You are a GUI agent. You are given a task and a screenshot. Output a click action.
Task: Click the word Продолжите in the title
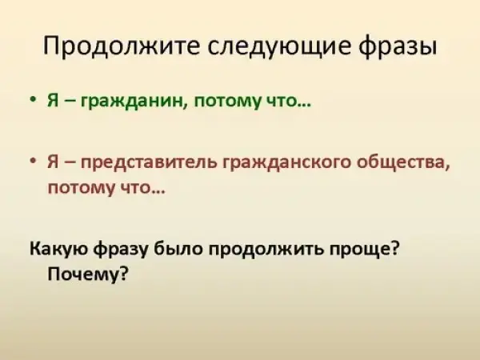(121, 46)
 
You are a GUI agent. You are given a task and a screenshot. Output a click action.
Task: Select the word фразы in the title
(398, 46)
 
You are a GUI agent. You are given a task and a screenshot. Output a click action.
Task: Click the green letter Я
(53, 100)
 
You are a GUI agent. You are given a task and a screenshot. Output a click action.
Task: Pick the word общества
(403, 162)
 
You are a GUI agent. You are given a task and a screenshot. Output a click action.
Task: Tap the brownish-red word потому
(82, 188)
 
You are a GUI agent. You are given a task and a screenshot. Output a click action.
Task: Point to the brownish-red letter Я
(53, 162)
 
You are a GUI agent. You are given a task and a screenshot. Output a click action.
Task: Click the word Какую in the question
(59, 249)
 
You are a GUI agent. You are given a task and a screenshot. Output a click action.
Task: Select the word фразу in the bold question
(122, 248)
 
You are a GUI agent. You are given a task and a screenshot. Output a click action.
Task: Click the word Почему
(87, 274)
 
